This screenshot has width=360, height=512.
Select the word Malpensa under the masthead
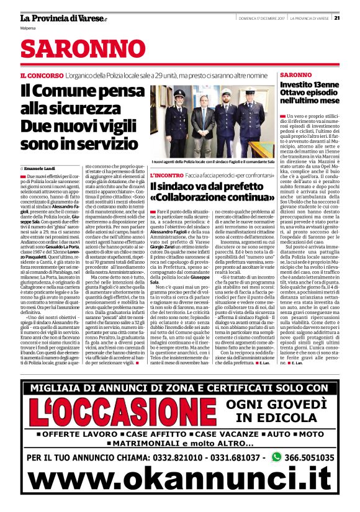pyautogui.click(x=28, y=28)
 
